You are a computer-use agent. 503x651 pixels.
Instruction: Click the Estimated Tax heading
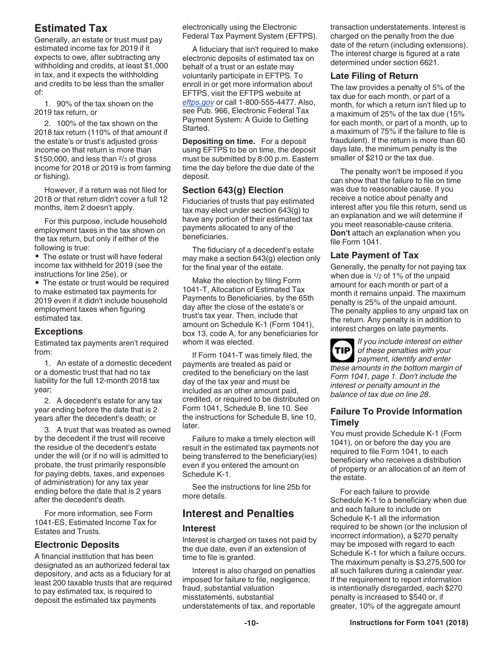[70, 28]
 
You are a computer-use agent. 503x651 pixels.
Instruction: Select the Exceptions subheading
[59, 331]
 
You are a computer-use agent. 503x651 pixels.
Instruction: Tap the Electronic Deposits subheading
[77, 545]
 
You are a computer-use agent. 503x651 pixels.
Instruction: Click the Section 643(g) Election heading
[232, 190]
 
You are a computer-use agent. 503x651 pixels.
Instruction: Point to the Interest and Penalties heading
[238, 513]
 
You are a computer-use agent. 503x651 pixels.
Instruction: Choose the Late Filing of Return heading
[374, 76]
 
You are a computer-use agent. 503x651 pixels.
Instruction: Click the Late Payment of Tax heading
[374, 255]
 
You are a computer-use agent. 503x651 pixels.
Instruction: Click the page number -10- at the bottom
[251, 623]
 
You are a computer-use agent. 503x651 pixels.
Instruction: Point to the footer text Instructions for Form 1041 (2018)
[409, 623]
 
